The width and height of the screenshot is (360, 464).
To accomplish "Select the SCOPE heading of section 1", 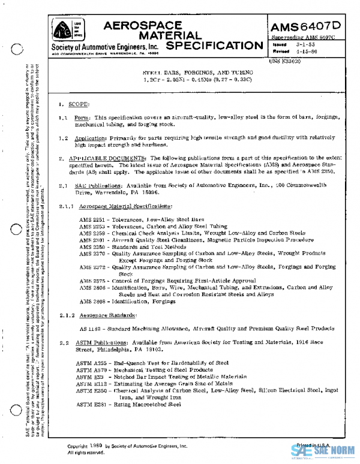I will pos(79,104).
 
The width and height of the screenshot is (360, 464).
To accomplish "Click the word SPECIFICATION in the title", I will pos(214,46).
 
